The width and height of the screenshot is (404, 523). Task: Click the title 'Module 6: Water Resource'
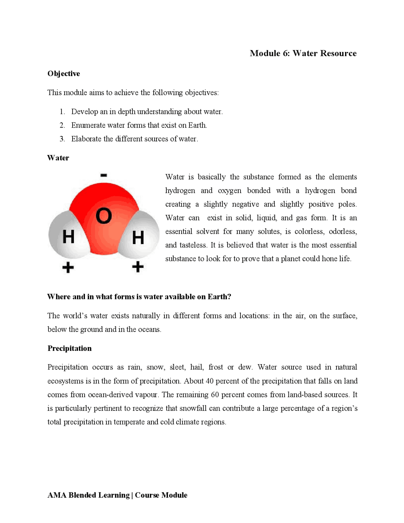[x=303, y=53]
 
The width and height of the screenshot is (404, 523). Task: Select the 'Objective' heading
[x=63, y=74]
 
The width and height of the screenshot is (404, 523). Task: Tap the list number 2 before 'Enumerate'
[x=62, y=125]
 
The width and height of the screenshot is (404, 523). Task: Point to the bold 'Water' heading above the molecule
[x=58, y=158]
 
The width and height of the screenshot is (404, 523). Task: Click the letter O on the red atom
[x=104, y=216]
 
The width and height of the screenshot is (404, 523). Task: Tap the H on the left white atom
[x=68, y=237]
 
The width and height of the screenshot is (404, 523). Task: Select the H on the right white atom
[x=138, y=237]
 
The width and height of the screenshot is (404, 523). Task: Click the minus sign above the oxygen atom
[x=104, y=175]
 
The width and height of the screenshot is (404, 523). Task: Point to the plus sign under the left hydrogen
[x=68, y=268]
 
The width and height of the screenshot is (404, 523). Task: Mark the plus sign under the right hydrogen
[x=138, y=267]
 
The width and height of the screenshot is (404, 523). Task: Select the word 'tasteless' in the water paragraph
[x=193, y=245]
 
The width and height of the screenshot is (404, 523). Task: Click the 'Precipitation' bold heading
[x=69, y=348]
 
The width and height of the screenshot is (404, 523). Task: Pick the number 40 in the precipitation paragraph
[x=210, y=381]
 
